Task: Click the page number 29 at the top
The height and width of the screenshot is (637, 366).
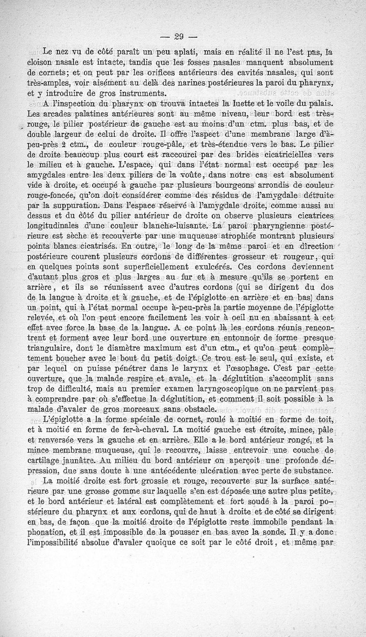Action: (x=178, y=36)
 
